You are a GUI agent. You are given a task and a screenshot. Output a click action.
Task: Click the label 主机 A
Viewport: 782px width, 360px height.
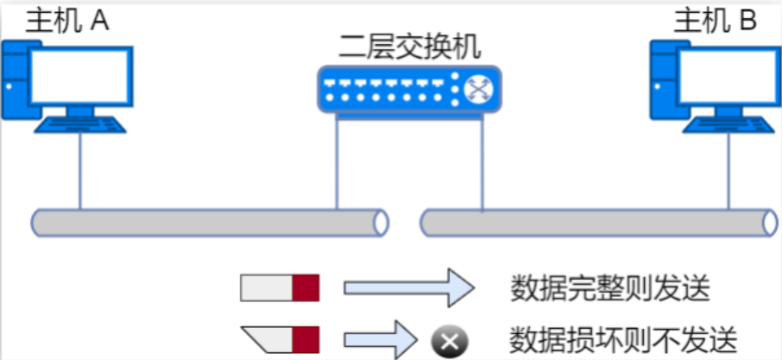[66, 21]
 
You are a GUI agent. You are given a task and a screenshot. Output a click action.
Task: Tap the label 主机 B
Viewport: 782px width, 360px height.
[715, 21]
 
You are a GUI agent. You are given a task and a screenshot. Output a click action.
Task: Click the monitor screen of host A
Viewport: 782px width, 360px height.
[79, 75]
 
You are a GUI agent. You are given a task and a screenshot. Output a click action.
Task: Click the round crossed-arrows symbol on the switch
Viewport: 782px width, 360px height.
[478, 90]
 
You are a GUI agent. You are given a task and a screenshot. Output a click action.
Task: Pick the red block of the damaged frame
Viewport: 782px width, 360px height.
[306, 338]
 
